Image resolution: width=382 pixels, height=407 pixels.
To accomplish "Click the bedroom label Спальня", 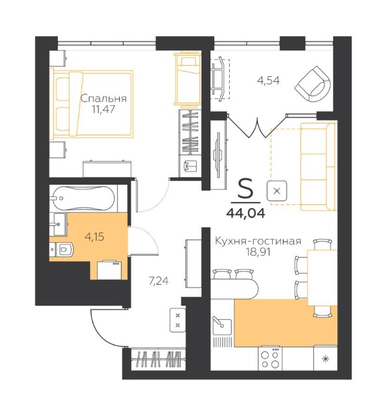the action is [104, 99].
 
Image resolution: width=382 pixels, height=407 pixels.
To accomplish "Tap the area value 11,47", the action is [103, 109].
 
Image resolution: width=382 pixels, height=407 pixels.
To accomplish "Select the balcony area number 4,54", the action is [268, 81].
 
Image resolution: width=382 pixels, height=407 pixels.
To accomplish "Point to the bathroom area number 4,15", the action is [95, 236].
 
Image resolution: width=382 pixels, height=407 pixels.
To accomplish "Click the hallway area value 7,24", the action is [159, 281].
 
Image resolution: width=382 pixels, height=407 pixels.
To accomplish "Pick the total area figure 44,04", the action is [246, 213].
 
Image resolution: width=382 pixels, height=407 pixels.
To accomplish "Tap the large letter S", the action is [245, 189].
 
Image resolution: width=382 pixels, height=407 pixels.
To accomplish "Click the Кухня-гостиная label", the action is [258, 241].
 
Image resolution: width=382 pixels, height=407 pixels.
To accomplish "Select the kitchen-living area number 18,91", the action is [258, 252].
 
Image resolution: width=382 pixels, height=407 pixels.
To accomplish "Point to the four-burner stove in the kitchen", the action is [270, 358].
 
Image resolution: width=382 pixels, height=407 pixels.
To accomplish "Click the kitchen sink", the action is [222, 326].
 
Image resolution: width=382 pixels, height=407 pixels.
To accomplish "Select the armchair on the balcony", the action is [313, 85].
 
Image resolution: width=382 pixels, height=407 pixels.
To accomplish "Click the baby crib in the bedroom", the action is [187, 78].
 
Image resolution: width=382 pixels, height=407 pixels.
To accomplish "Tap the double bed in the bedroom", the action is [91, 103].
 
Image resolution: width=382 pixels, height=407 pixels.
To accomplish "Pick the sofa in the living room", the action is [319, 167].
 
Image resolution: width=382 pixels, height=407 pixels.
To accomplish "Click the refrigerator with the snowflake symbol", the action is [325, 358].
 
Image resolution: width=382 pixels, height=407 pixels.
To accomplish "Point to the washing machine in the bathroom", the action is [109, 270].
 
